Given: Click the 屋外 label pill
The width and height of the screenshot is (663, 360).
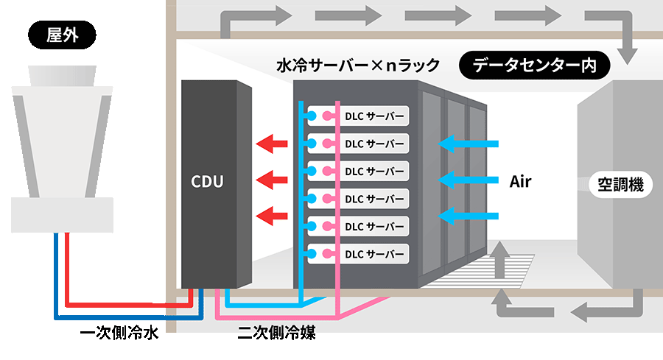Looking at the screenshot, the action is tap(62, 35).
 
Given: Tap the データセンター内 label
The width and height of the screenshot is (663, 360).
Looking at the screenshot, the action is tap(535, 65).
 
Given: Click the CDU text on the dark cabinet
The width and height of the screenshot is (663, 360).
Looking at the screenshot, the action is tap(207, 181).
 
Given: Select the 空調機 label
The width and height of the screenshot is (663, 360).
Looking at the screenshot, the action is tap(621, 185).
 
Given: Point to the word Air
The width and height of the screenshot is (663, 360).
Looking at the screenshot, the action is tap(521, 181).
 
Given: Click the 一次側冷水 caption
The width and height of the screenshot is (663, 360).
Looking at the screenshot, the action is tap(119, 333).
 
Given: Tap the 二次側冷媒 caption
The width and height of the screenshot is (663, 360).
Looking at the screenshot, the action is tap(276, 333).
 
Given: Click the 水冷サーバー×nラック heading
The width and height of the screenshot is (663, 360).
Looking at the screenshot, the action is tap(358, 66).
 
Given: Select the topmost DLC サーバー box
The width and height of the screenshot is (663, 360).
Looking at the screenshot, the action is tap(358, 116).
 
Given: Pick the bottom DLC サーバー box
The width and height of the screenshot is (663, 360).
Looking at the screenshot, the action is tap(358, 254).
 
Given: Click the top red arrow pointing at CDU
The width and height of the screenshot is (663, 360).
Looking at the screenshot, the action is tap(272, 144).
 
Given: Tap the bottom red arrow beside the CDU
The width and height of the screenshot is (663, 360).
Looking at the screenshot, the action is tap(272, 216).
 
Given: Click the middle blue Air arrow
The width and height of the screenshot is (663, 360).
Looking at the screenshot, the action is tap(469, 180).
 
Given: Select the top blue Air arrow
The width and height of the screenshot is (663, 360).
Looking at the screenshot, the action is tap(469, 144).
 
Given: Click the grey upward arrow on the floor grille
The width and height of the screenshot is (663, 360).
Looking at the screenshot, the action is tap(500, 258).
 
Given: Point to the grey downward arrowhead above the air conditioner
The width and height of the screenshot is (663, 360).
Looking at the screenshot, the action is tap(627, 56).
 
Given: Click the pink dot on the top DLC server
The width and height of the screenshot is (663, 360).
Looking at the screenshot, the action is tap(327, 116).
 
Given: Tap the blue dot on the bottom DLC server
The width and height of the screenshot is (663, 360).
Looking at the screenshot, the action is tap(312, 254).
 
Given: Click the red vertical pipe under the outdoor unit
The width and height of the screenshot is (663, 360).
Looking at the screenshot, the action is tap(67, 269).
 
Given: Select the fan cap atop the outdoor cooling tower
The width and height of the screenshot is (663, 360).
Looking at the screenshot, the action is tap(62, 76).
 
